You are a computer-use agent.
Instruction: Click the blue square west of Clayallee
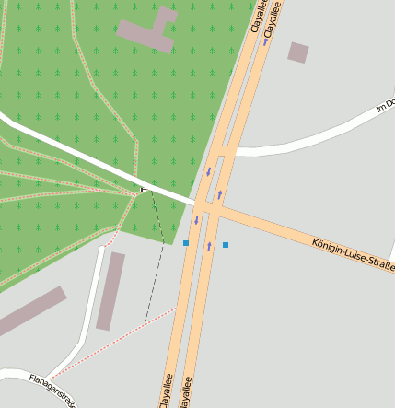186,243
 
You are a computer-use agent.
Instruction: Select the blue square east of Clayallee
226,245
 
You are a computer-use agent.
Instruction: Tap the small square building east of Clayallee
297,52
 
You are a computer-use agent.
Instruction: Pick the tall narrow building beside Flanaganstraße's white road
110,290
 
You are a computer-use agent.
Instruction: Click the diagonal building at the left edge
32,310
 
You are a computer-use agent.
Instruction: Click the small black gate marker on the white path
143,189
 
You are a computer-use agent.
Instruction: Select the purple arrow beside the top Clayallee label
266,41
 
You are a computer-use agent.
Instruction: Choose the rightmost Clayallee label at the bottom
187,391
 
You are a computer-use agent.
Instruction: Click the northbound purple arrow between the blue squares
209,246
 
